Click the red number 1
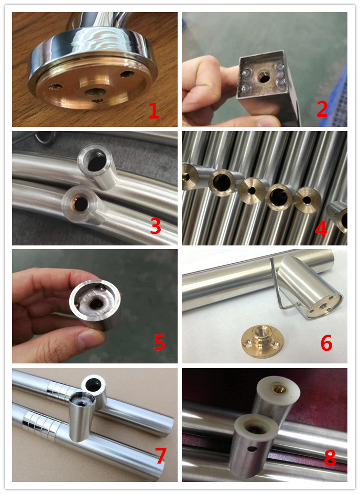[154, 111]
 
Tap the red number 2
[322, 109]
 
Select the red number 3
[156, 226]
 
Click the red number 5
[159, 342]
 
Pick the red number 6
[326, 343]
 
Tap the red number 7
[160, 456]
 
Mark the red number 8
[330, 457]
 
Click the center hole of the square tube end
[263, 77]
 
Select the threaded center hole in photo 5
[95, 304]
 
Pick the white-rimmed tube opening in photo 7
[94, 384]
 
